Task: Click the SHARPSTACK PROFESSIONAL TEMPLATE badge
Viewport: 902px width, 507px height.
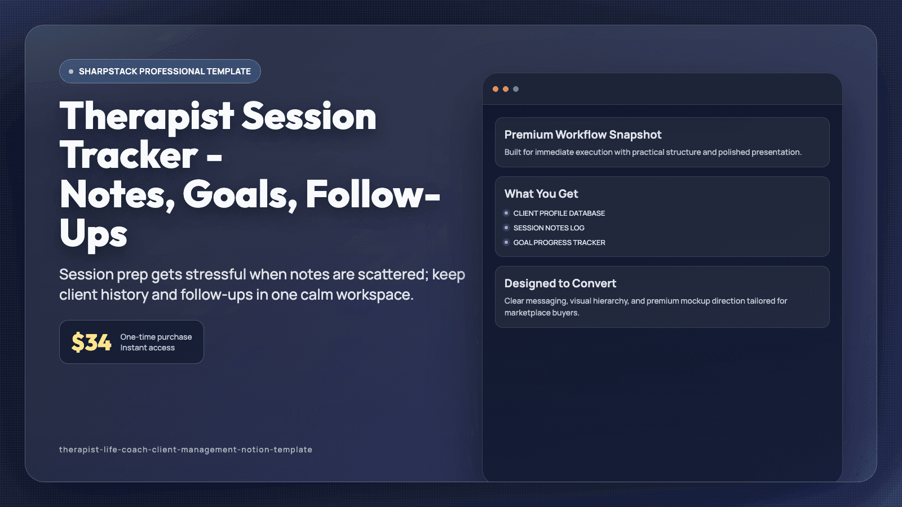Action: pyautogui.click(x=160, y=72)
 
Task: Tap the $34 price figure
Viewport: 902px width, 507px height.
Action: pyautogui.click(x=91, y=343)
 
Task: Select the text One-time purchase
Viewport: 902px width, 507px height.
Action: pyautogui.click(x=156, y=337)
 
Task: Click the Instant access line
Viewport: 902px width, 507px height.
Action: pyautogui.click(x=148, y=348)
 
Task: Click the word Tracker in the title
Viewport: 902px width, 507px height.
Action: pyautogui.click(x=129, y=155)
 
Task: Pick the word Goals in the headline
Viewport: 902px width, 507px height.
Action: pyautogui.click(x=239, y=195)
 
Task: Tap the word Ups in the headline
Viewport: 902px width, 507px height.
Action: pyautogui.click(x=94, y=234)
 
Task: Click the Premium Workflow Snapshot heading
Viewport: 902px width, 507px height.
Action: pyautogui.click(x=583, y=135)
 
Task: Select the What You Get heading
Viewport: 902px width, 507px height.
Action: pyautogui.click(x=541, y=194)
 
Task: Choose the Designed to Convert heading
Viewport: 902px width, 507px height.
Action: pyautogui.click(x=560, y=283)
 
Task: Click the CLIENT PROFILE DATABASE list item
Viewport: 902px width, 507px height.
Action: pyautogui.click(x=559, y=214)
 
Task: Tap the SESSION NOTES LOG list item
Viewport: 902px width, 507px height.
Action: pyautogui.click(x=549, y=228)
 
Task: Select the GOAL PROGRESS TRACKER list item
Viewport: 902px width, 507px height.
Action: pyautogui.click(x=559, y=243)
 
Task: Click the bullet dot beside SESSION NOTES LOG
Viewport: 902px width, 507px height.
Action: pyautogui.click(x=506, y=228)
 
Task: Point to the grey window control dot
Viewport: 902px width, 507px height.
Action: pyautogui.click(x=516, y=89)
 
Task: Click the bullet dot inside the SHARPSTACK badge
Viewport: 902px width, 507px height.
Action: pyautogui.click(x=71, y=72)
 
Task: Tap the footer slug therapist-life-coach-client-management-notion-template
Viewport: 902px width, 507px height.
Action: pyautogui.click(x=185, y=450)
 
